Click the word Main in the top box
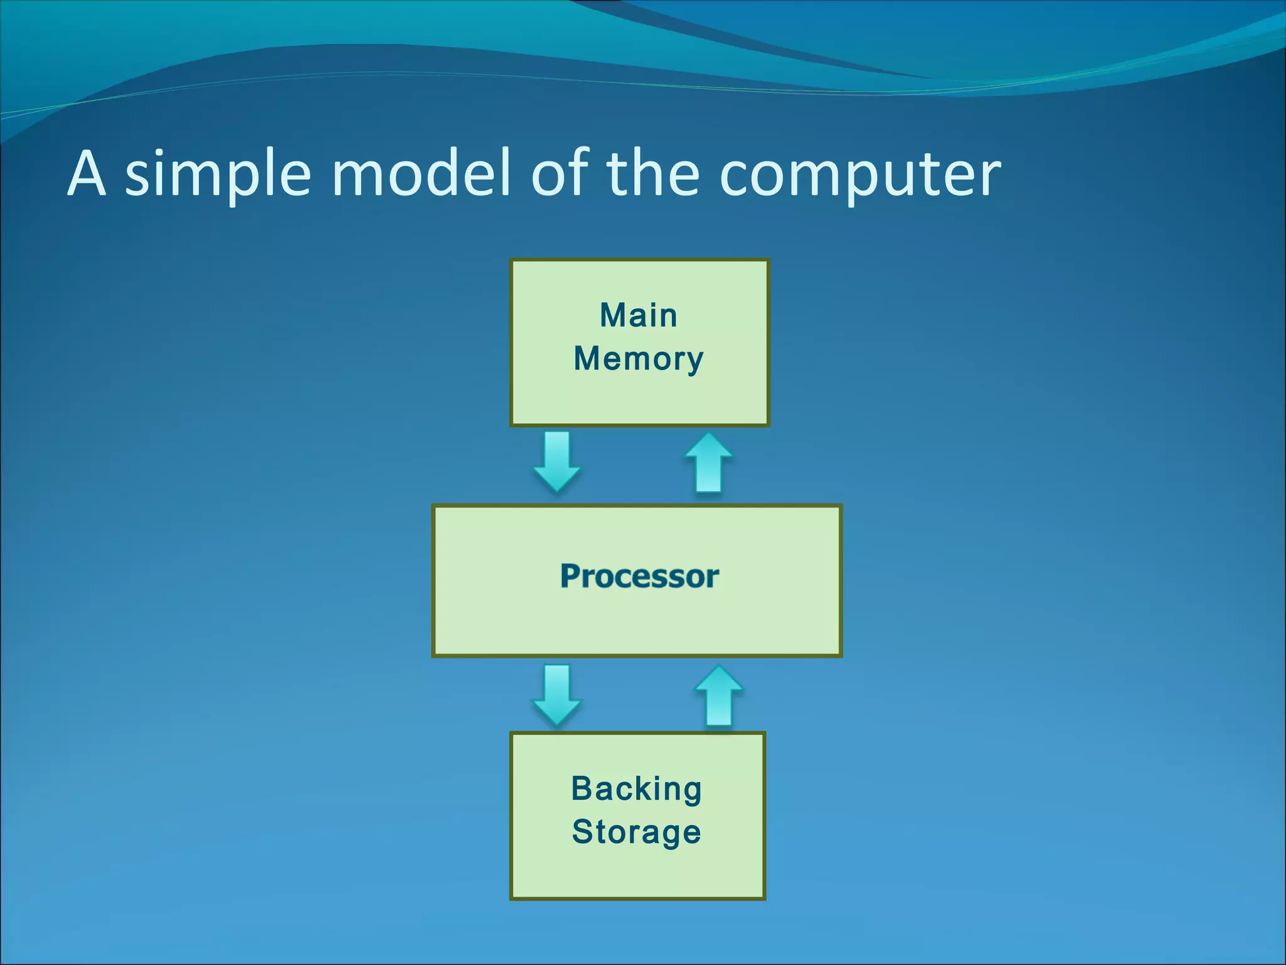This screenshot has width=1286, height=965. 638,315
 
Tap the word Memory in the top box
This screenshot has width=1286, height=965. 638,359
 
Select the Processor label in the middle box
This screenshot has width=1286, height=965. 639,576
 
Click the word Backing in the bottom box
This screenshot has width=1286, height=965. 636,789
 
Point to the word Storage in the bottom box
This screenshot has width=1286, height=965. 636,832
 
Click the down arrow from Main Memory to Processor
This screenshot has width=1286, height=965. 556,462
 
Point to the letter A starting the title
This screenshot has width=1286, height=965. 86,173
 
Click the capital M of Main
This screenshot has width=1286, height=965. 612,315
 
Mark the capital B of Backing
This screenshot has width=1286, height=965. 582,789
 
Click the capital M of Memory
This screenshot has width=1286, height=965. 587,359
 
